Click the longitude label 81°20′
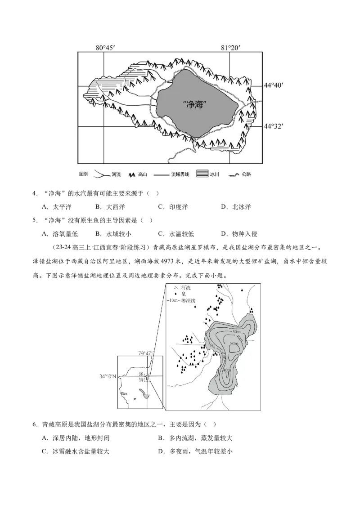click(229, 47)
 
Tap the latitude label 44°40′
click(274, 85)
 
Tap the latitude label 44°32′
click(274, 126)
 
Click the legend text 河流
click(116, 174)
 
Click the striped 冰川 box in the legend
click(203, 174)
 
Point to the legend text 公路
click(247, 174)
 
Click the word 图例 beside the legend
click(84, 174)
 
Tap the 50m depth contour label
click(234, 343)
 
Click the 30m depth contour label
click(237, 332)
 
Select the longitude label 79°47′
click(146, 353)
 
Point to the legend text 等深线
click(188, 300)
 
